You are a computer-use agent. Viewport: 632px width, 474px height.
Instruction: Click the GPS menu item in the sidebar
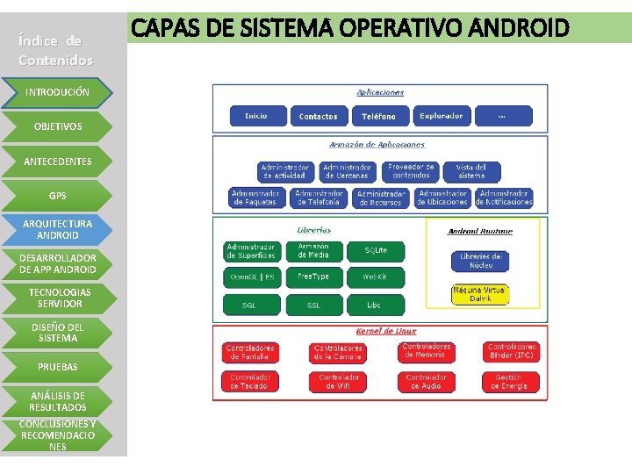pyautogui.click(x=57, y=195)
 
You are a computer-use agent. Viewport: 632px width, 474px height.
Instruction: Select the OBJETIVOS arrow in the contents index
pyautogui.click(x=57, y=126)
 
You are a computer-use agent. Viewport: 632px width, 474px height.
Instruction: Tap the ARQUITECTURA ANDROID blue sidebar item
pyautogui.click(x=57, y=229)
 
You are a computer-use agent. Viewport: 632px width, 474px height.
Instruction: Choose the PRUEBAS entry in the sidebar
pyautogui.click(x=57, y=366)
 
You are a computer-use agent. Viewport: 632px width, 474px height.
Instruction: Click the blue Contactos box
pyautogui.click(x=318, y=116)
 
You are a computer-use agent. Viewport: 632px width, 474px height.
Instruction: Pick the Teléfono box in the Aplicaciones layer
pyautogui.click(x=378, y=116)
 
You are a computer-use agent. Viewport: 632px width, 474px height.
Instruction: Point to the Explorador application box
pyautogui.click(x=441, y=116)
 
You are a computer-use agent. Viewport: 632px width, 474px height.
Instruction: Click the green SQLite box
pyautogui.click(x=376, y=251)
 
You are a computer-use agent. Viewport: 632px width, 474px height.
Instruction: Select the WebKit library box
pyautogui.click(x=376, y=277)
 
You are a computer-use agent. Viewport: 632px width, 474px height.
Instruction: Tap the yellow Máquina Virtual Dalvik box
pyautogui.click(x=480, y=294)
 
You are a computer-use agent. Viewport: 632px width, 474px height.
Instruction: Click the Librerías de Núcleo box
pyautogui.click(x=480, y=261)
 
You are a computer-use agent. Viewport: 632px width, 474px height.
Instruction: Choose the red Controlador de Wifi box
pyautogui.click(x=339, y=382)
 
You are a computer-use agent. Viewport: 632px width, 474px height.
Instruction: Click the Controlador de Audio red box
pyautogui.click(x=427, y=382)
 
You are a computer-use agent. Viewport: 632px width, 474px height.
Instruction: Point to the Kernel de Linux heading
pyautogui.click(x=386, y=331)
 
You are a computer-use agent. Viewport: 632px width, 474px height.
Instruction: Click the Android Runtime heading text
pyautogui.click(x=480, y=231)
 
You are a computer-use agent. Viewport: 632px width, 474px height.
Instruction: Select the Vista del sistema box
pyautogui.click(x=471, y=171)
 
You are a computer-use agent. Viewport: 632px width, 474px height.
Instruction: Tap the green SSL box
pyautogui.click(x=313, y=305)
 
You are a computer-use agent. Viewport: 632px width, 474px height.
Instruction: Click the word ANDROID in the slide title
pyautogui.click(x=522, y=28)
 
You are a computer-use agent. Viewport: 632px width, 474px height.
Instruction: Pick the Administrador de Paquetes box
pyautogui.click(x=255, y=197)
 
